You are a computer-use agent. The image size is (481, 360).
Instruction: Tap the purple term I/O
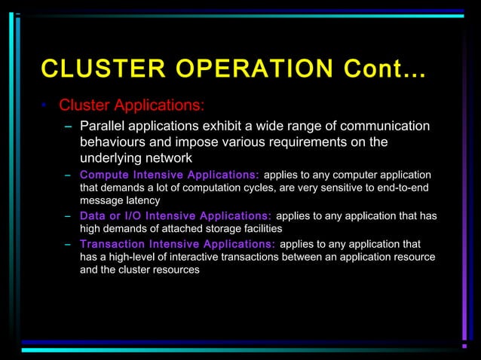[x=144, y=216]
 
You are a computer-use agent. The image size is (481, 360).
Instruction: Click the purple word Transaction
[x=112, y=244]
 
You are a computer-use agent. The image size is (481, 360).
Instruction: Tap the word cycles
[x=252, y=188]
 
